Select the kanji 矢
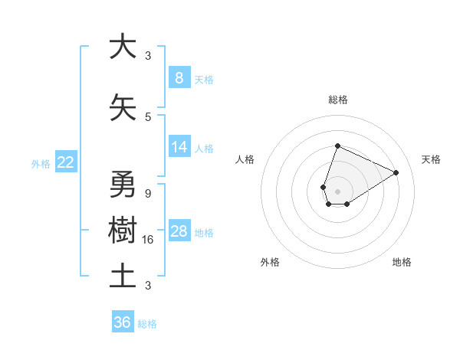[x=123, y=107]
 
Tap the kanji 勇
[x=123, y=184]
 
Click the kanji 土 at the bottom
[x=123, y=276]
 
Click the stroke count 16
[x=149, y=240]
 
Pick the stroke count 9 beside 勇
[x=148, y=194]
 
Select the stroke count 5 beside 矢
[x=148, y=116]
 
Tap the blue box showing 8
[x=179, y=78]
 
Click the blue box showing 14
[x=179, y=147]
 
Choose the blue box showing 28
[x=179, y=231]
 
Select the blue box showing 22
[x=66, y=162]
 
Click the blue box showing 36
[x=122, y=323]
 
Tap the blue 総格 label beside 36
[x=147, y=324]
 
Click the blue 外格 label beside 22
[x=41, y=163]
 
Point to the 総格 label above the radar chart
[x=337, y=100]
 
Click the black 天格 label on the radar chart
[x=431, y=159]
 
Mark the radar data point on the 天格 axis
[x=396, y=172]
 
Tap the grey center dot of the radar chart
[x=337, y=190]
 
